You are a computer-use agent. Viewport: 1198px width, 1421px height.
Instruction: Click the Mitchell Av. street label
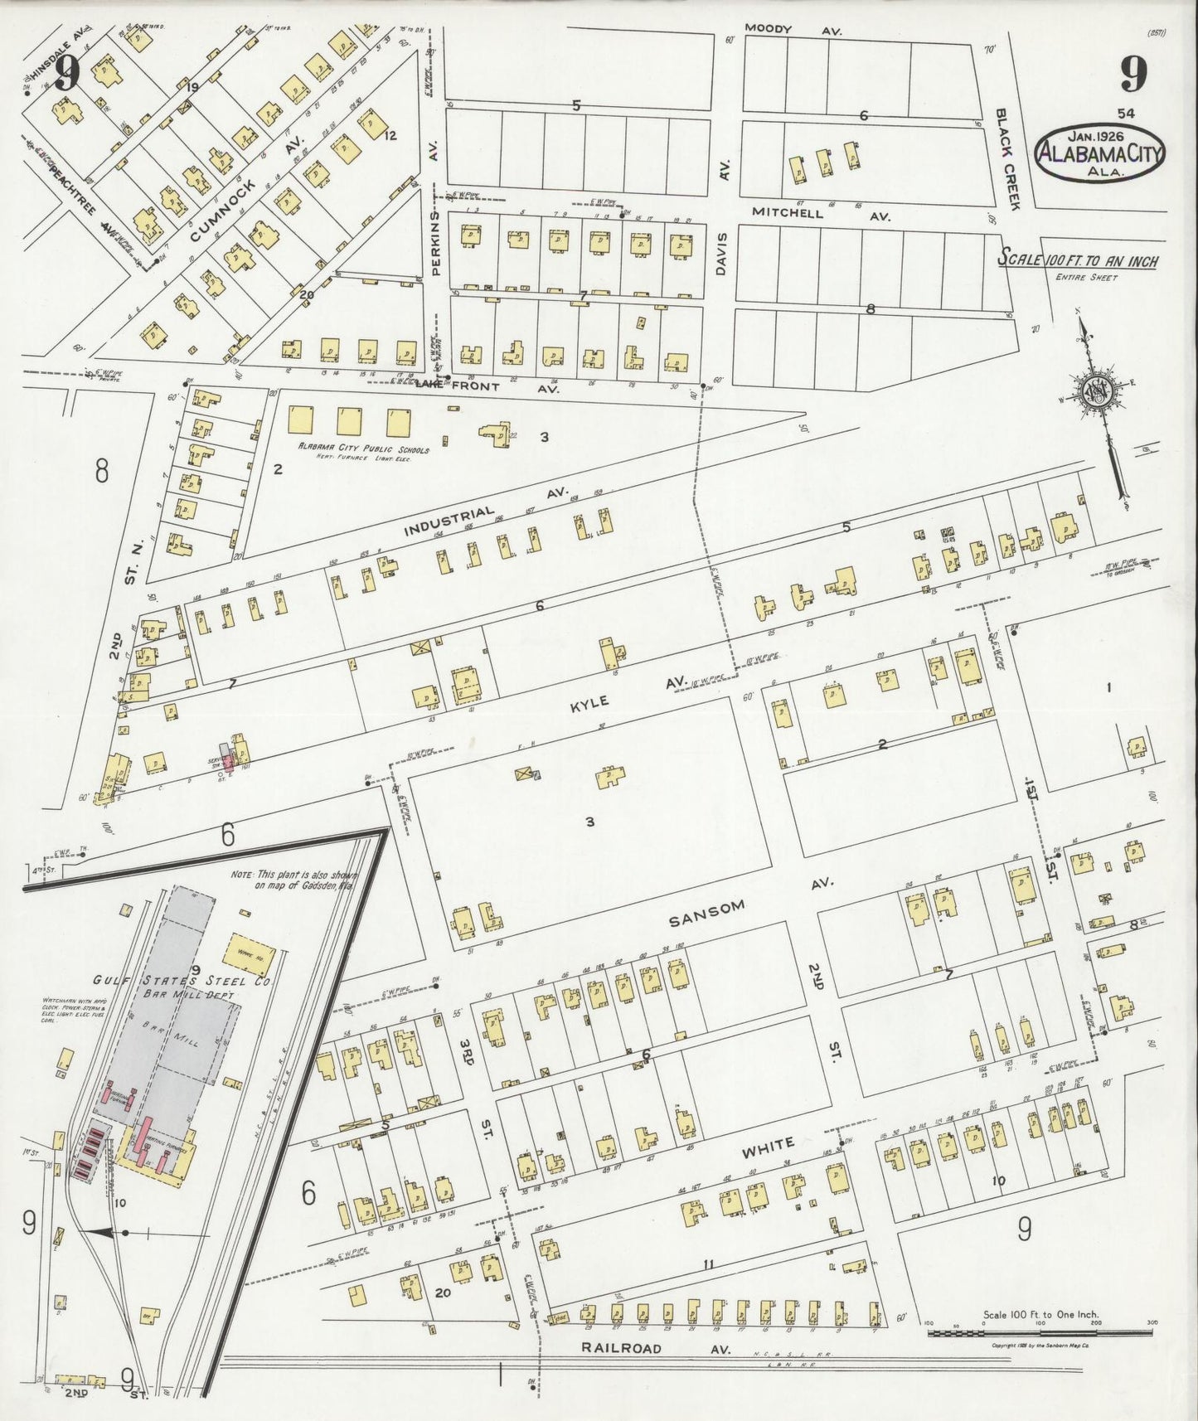click(x=821, y=214)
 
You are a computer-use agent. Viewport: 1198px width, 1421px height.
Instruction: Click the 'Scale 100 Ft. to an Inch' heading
click(x=1077, y=260)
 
